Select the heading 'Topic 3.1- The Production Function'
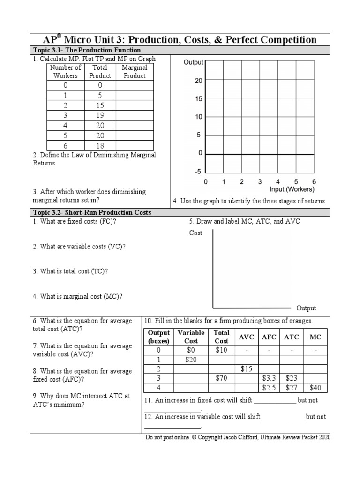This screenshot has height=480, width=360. click(x=87, y=50)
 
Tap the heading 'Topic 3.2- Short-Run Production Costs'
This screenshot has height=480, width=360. click(x=92, y=212)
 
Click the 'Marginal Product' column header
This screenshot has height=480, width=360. click(x=135, y=72)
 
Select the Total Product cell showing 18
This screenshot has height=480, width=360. click(x=100, y=146)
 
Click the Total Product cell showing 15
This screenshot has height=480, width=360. click(x=100, y=105)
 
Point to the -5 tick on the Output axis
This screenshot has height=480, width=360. click(x=198, y=172)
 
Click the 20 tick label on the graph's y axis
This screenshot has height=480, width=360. click(x=198, y=81)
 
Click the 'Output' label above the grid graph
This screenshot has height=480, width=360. click(x=193, y=62)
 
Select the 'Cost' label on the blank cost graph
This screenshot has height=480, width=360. click(x=196, y=233)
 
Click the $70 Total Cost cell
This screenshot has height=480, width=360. click(x=221, y=378)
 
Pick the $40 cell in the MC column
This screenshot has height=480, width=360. click(x=315, y=388)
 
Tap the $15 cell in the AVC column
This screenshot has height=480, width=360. click(x=247, y=369)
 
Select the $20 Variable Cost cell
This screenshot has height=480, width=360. click(x=190, y=360)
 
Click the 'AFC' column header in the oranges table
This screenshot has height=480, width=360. click(x=269, y=337)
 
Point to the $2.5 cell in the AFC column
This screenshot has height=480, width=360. click(x=269, y=388)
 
